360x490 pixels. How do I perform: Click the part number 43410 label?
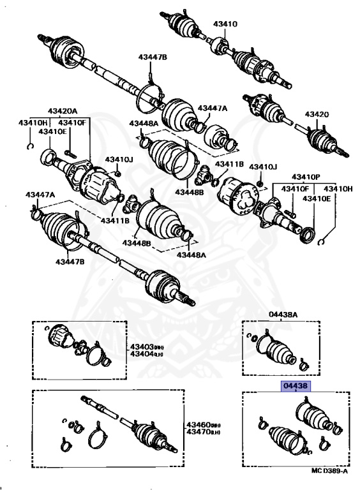225,24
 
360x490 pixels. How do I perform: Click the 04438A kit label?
284,315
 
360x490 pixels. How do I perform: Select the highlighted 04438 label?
291,387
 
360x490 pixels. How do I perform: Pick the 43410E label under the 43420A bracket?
54,131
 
